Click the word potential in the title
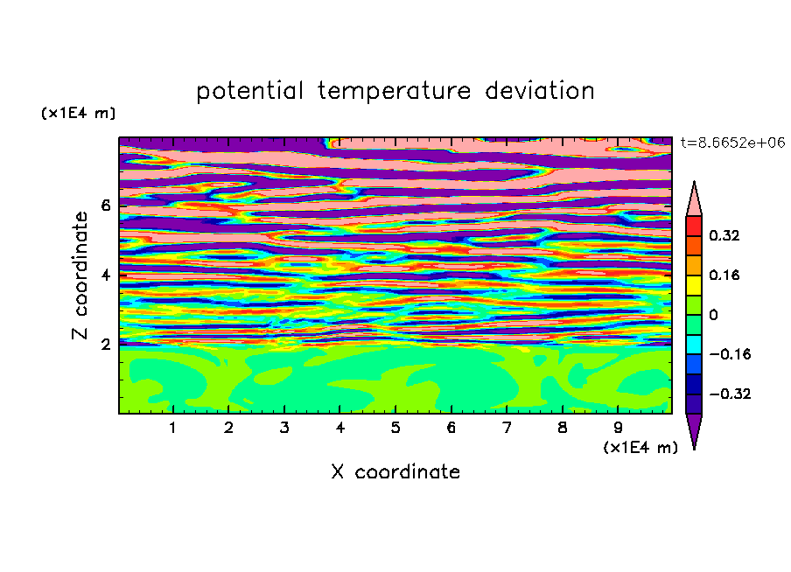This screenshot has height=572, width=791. pyautogui.click(x=249, y=91)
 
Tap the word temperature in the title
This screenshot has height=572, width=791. pyautogui.click(x=394, y=91)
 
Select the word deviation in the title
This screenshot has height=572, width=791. pyautogui.click(x=540, y=90)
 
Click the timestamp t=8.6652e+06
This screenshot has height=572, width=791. pyautogui.click(x=732, y=143)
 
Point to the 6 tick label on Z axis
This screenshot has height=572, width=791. pyautogui.click(x=105, y=206)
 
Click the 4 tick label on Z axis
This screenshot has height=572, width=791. pyautogui.click(x=105, y=275)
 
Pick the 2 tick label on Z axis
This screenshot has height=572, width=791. pyautogui.click(x=105, y=344)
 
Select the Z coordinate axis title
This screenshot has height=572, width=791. pyautogui.click(x=80, y=276)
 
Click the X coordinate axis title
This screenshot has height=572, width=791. pyautogui.click(x=395, y=471)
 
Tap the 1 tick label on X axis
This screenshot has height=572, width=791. pyautogui.click(x=172, y=428)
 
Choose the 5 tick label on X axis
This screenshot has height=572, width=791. pyautogui.click(x=395, y=428)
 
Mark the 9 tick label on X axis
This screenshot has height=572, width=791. pyautogui.click(x=618, y=428)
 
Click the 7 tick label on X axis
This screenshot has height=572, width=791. pyautogui.click(x=507, y=428)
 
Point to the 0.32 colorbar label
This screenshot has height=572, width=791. pyautogui.click(x=724, y=235)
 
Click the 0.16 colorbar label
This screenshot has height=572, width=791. pyautogui.click(x=724, y=275)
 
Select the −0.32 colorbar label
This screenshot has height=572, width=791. pyautogui.click(x=730, y=394)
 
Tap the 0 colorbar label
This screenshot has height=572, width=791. pyautogui.click(x=713, y=315)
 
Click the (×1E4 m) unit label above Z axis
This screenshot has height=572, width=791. pyautogui.click(x=78, y=113)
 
